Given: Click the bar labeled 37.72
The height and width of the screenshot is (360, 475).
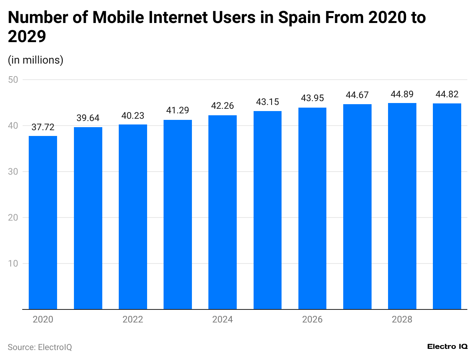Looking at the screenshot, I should pos(43,222).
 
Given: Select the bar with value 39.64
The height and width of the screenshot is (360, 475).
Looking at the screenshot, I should pos(88,218).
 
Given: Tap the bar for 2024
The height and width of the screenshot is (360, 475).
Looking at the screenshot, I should pos(223,213).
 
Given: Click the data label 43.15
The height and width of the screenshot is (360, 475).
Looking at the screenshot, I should pos(267,102).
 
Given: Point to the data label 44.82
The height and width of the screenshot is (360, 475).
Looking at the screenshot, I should pos(447,95).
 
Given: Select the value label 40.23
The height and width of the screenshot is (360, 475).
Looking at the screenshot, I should pos(133,116).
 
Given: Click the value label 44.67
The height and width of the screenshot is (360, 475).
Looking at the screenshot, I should pos(357,95).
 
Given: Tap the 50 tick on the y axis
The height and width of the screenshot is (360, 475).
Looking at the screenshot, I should pos(15,80).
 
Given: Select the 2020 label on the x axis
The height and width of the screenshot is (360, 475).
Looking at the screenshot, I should pos(43,319).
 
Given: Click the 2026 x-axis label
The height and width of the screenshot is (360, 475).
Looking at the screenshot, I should pos(312,319).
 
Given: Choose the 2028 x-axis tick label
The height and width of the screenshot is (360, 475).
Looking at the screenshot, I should pos(402,319).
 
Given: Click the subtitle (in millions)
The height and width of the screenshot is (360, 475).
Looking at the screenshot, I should pos(35,60).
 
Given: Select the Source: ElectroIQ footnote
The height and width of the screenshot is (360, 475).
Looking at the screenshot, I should pos(40,347).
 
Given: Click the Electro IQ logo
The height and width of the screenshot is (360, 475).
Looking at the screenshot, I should pos(447,346).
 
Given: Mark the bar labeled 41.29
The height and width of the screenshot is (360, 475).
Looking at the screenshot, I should pos(178,214).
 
